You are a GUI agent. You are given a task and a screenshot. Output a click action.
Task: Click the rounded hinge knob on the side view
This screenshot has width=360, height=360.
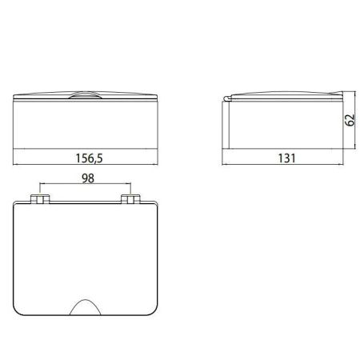[226, 98]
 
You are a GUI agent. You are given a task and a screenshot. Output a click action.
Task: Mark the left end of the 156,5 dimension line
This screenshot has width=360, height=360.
[16, 166]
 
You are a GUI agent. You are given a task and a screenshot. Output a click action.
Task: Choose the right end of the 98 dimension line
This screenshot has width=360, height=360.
[130, 187]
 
